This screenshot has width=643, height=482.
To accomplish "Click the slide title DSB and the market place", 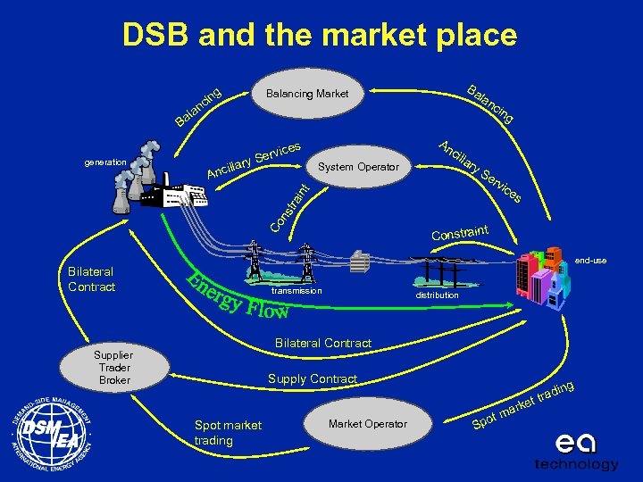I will (x=320, y=36).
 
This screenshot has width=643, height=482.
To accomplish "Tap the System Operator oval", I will (x=357, y=167).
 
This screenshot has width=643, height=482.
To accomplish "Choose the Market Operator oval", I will (x=367, y=423).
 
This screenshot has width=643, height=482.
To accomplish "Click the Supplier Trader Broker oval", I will (x=114, y=367).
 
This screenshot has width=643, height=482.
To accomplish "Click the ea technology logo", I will (x=575, y=452).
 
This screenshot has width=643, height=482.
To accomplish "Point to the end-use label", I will (x=591, y=261).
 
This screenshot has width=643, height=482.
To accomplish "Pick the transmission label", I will (x=295, y=291).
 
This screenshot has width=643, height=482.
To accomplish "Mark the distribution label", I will (x=438, y=295).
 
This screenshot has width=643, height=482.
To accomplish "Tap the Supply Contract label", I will (x=313, y=379).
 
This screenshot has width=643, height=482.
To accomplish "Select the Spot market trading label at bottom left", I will (x=228, y=433).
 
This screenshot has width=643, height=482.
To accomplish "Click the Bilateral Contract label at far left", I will (x=91, y=279).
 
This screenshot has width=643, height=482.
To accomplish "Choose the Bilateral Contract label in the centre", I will (x=322, y=343).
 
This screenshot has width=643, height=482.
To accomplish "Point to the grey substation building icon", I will (x=360, y=262).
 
